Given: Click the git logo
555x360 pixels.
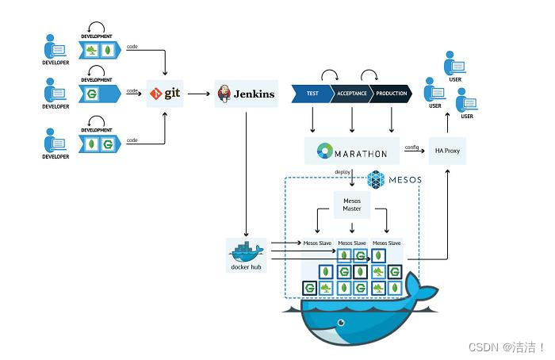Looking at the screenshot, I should click(165, 94).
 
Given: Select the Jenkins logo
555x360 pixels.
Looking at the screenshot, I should click(246, 94).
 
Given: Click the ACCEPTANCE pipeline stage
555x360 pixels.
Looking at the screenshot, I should click(351, 94).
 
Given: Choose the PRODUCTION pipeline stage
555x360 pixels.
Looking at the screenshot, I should click(391, 94).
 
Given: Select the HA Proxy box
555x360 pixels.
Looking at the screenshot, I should click(447, 150).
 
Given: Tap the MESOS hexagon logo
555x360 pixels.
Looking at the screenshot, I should click(377, 180).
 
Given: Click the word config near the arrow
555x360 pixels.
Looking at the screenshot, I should click(411, 147).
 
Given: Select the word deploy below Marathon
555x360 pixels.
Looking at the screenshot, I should click(343, 172).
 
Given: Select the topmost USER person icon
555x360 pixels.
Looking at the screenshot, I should click(454, 62).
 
